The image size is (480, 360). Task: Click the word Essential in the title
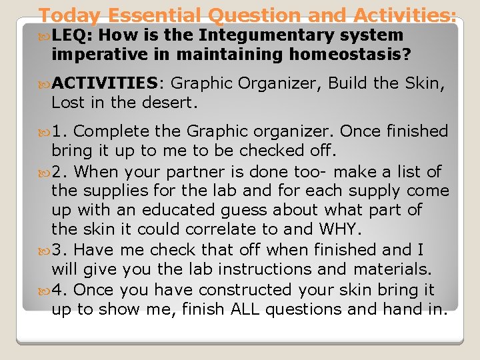(155, 15)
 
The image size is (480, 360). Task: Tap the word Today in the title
(70, 15)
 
